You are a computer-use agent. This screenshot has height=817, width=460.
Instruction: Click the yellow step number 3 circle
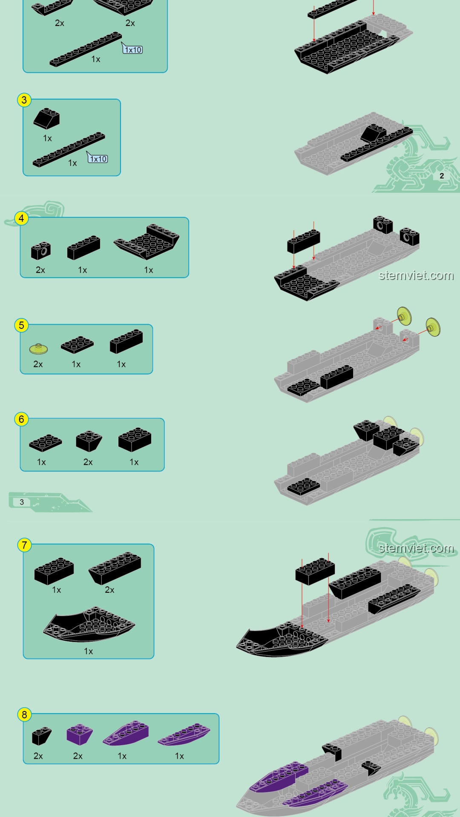coord(24,100)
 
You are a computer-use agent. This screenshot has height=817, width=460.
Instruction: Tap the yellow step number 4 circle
coord(21,218)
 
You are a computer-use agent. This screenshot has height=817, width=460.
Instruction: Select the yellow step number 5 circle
coord(21,326)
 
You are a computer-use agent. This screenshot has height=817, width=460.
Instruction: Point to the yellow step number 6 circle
coord(21,419)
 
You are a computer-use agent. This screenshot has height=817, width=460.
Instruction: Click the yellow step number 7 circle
coord(24,545)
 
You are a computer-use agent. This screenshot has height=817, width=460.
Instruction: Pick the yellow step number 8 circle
coord(24,715)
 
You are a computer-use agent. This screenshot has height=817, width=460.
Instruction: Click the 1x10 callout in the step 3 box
coord(98,159)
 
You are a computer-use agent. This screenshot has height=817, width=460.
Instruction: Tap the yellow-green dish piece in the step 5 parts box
coord(38,349)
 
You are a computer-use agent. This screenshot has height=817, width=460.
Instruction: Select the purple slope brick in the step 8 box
coord(79,734)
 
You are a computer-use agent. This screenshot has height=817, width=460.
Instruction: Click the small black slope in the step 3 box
coord(46,119)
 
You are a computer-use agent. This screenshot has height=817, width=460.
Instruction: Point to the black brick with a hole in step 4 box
coord(41,251)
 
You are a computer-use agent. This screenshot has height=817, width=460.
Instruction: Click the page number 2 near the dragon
coord(442,176)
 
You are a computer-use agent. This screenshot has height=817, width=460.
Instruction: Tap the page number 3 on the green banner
coord(22,502)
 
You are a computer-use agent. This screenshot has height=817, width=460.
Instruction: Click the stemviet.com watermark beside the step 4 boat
coord(416,275)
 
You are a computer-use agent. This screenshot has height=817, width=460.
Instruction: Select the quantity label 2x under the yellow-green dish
coord(38,364)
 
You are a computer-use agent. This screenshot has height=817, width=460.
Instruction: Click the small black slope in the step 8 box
coord(41,736)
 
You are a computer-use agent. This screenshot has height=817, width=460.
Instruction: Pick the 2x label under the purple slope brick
coord(78,756)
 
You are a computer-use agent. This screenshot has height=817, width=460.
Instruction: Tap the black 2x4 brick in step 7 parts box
coord(54,571)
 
